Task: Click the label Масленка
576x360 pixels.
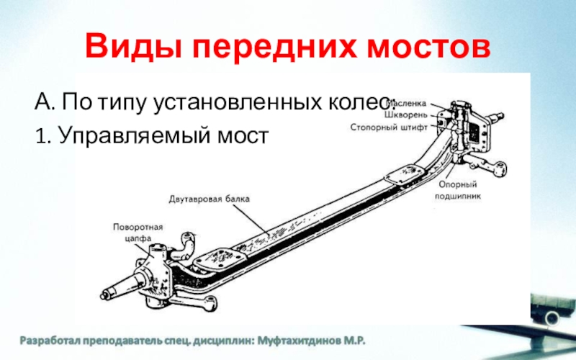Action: click(408, 103)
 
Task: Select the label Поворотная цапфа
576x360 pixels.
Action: click(138, 233)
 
